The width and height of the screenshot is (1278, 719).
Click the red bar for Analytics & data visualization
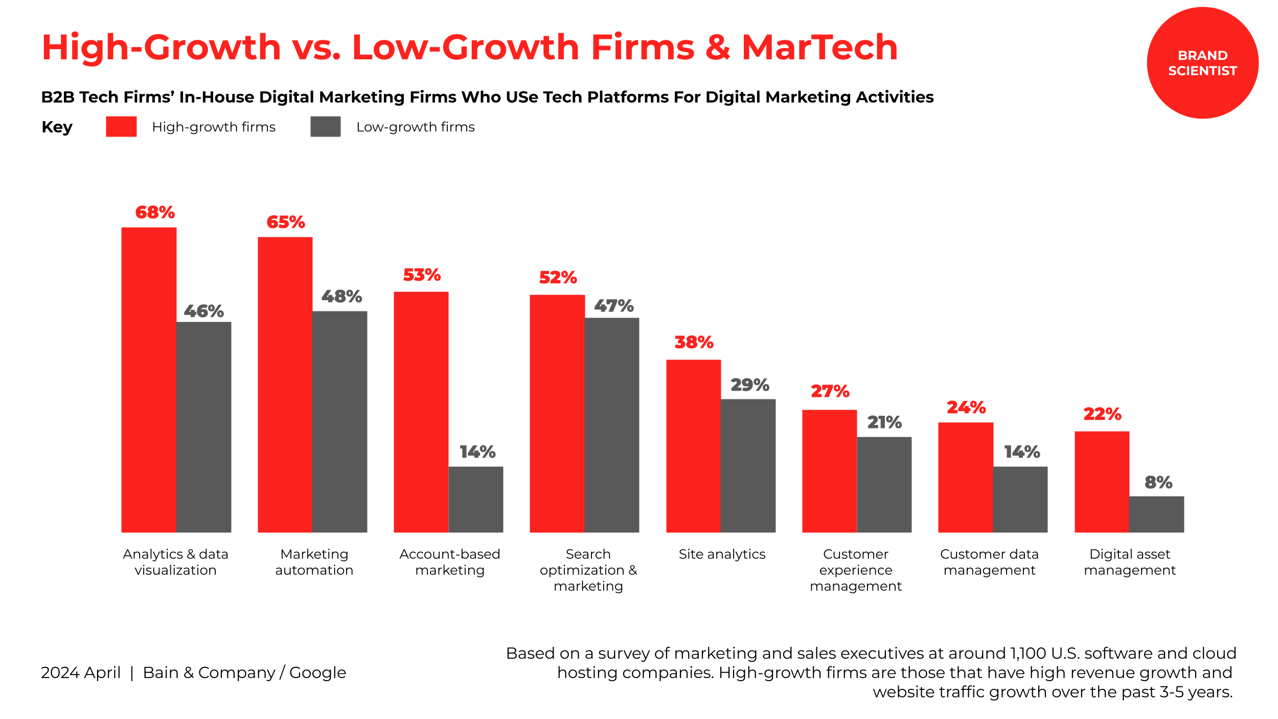[149, 379]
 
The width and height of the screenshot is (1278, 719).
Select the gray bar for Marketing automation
[339, 421]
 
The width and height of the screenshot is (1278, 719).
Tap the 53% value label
[422, 275]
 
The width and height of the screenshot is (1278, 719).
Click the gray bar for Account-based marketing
[476, 499]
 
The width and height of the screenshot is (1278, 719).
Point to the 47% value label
[613, 306]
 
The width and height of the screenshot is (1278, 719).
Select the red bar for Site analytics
[693, 446]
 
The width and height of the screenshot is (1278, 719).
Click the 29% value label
[749, 385]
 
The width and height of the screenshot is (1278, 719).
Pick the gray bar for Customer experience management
[884, 484]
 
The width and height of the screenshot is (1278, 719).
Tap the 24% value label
[966, 407]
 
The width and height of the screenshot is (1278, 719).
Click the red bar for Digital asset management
[1102, 482]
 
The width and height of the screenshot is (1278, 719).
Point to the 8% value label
[1158, 482]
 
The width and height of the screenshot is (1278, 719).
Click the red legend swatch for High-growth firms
[121, 126]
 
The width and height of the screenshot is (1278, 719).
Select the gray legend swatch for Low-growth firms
[325, 126]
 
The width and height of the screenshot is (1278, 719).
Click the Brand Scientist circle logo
[1202, 63]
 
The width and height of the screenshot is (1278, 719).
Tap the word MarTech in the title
[819, 47]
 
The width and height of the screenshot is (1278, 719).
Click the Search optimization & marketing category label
[588, 570]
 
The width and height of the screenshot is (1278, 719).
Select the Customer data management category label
[989, 561]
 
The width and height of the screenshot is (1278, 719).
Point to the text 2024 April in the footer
[81, 672]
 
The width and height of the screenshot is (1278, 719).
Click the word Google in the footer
[317, 672]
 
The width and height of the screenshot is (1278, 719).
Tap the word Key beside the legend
[57, 127]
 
